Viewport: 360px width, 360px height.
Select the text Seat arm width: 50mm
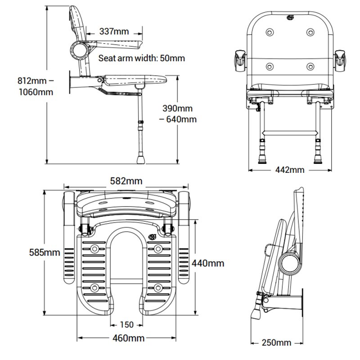pyautogui.click(x=142, y=58)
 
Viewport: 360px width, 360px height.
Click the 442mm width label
pyautogui.click(x=290, y=170)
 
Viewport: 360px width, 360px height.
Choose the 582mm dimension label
pyautogui.click(x=126, y=181)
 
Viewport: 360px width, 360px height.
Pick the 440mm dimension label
pyautogui.click(x=208, y=263)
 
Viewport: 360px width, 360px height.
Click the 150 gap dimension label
pyautogui.click(x=126, y=324)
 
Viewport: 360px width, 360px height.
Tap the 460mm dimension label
pyautogui.click(x=126, y=338)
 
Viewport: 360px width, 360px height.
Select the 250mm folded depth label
pyautogui.click(x=277, y=342)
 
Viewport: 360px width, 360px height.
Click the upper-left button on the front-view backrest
pyautogui.click(x=270, y=32)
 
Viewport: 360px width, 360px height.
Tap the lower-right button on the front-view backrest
pyautogui.click(x=310, y=67)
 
